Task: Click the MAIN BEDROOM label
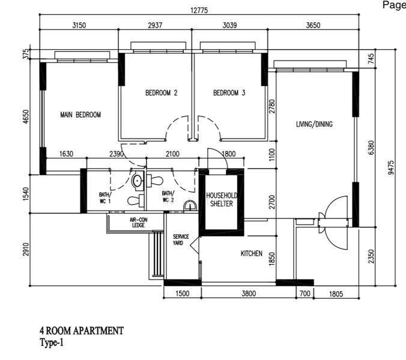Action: pyautogui.click(x=80, y=115)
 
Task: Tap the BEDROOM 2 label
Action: pyautogui.click(x=162, y=92)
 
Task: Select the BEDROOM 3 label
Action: pyautogui.click(x=229, y=92)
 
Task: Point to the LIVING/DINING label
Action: pyautogui.click(x=314, y=124)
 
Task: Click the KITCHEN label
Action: pyautogui.click(x=252, y=253)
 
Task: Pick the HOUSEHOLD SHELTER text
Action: pyautogui.click(x=222, y=199)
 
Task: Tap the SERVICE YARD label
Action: pyautogui.click(x=181, y=240)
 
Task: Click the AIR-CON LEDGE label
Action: pyautogui.click(x=139, y=223)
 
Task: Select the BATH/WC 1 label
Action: pyautogui.click(x=105, y=198)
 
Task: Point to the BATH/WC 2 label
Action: pyautogui.click(x=168, y=197)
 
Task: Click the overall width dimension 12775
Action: pyautogui.click(x=199, y=10)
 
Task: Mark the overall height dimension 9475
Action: pyautogui.click(x=391, y=167)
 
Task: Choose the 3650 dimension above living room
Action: pyautogui.click(x=313, y=25)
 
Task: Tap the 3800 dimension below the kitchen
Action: pyautogui.click(x=249, y=293)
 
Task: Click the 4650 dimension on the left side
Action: pyautogui.click(x=26, y=116)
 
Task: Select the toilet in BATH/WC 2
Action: pyautogui.click(x=154, y=181)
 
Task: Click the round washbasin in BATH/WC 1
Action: pyautogui.click(x=137, y=181)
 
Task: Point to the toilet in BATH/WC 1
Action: pyautogui.click(x=136, y=200)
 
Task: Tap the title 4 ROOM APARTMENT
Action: pyautogui.click(x=82, y=331)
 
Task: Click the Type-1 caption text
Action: pyautogui.click(x=52, y=343)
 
